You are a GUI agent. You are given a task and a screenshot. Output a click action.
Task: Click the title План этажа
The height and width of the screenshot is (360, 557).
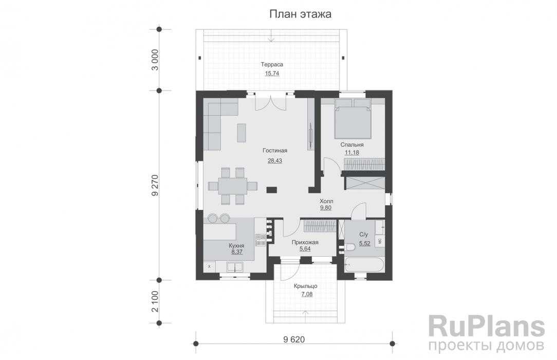pyautogui.click(x=300, y=14)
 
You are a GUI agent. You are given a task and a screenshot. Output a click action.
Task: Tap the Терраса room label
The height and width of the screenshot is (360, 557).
pyautogui.click(x=272, y=64)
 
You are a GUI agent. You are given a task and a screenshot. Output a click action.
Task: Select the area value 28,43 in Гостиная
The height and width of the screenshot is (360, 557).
pyautogui.click(x=274, y=160)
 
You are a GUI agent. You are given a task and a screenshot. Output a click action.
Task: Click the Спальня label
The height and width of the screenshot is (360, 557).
pyautogui.click(x=351, y=145)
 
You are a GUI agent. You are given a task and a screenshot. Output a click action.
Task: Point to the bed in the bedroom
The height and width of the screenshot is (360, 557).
pyautogui.click(x=352, y=118)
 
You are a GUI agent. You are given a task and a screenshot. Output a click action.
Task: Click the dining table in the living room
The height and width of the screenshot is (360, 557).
pyautogui.click(x=232, y=186)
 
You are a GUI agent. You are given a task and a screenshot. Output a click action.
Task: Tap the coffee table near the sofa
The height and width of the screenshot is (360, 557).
pyautogui.click(x=241, y=133)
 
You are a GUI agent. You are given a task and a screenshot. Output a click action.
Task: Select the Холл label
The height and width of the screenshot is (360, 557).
pyautogui.click(x=326, y=201)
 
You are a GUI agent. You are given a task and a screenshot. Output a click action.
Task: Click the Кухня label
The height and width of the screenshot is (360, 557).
pyautogui.click(x=236, y=245)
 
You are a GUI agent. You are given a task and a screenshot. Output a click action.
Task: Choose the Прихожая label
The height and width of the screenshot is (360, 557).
pyautogui.click(x=305, y=242)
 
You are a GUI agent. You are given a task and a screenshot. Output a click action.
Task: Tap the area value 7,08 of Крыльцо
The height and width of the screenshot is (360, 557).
pyautogui.click(x=307, y=294)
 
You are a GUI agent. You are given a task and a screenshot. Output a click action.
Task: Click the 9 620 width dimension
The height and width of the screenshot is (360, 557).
pyautogui.click(x=294, y=339)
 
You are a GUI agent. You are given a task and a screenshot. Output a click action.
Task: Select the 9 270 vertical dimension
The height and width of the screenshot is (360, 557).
pyautogui.click(x=155, y=185)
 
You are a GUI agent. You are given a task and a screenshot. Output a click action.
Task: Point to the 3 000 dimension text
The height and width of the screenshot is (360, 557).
pyautogui.click(x=155, y=60)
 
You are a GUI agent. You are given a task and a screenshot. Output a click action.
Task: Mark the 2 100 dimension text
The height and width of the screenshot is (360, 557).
pyautogui.click(x=155, y=301)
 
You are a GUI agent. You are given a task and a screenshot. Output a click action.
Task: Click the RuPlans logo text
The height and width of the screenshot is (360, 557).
pyautogui.click(x=487, y=326)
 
